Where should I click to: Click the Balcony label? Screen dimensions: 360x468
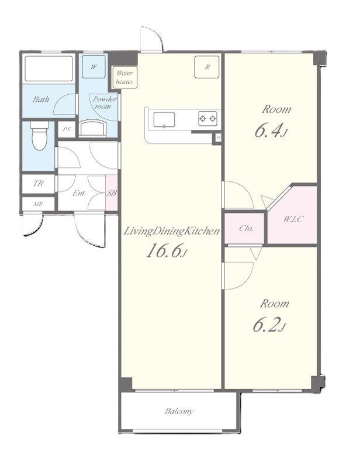pyautogui.click(x=179, y=411)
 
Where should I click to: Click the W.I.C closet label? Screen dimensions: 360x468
pyautogui.click(x=293, y=219)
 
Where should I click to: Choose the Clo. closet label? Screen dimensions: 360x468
pyautogui.click(x=246, y=228)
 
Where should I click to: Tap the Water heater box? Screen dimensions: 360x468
pyautogui.click(x=124, y=77)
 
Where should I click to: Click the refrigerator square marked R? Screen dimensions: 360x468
pyautogui.click(x=207, y=67)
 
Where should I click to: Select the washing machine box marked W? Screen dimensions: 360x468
pyautogui.click(x=94, y=67)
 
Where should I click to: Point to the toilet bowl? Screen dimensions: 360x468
pyautogui.click(x=39, y=135)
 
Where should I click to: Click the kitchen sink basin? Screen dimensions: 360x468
pyautogui.click(x=164, y=120)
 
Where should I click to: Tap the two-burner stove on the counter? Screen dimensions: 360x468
pyautogui.click(x=207, y=119)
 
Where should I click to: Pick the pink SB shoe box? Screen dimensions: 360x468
pyautogui.click(x=112, y=192)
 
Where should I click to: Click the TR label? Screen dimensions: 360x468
pyautogui.click(x=38, y=183)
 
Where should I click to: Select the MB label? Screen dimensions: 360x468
pyautogui.click(x=38, y=204)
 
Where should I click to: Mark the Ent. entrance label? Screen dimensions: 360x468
pyautogui.click(x=79, y=193)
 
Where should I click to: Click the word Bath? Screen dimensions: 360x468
pyautogui.click(x=41, y=99)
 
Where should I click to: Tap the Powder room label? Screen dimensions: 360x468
pyautogui.click(x=105, y=102)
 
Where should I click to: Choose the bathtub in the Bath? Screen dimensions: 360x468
pyautogui.click(x=49, y=68)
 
